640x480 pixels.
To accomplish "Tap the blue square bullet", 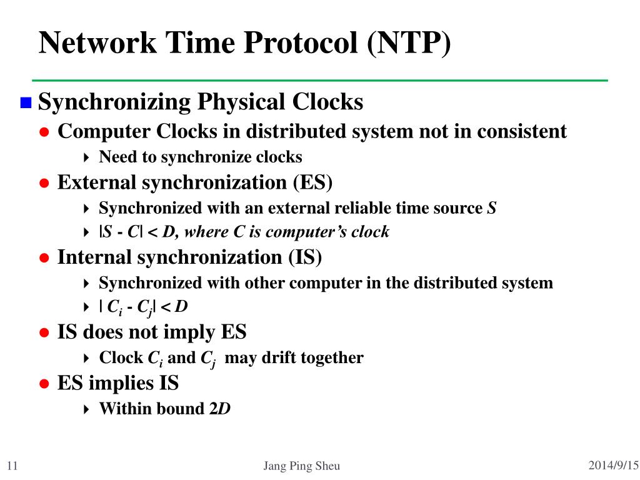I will [x=25, y=102].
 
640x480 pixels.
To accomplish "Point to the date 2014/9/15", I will [x=614, y=465].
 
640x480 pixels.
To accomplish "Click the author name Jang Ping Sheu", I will [x=302, y=466].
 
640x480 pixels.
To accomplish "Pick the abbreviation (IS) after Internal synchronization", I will [x=305, y=257].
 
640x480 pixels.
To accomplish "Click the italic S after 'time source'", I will [x=492, y=208].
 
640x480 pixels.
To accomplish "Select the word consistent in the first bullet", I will [x=522, y=132].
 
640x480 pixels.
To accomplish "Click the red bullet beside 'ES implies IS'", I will [x=44, y=384].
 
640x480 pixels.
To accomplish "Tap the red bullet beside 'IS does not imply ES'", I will [x=44, y=333].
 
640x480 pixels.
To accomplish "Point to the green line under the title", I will [x=319, y=80].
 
